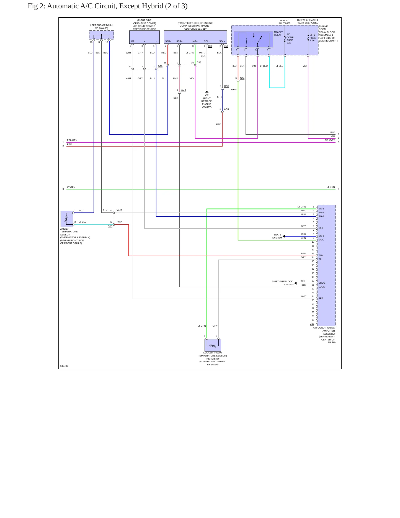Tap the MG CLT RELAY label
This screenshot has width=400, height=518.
click(x=278, y=34)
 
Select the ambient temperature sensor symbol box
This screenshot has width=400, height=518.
click(x=67, y=219)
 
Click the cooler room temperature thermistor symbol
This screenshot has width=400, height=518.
click(x=213, y=345)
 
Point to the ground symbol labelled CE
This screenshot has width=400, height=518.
click(x=207, y=92)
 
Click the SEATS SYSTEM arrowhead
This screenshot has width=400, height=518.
click(x=284, y=236)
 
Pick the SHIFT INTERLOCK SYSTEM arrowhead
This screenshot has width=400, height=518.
click(x=295, y=283)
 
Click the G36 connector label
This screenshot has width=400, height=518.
click(x=312, y=324)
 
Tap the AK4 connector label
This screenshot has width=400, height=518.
click(x=110, y=226)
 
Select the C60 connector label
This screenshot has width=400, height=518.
click(x=210, y=46)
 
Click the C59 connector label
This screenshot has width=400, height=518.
click(x=226, y=46)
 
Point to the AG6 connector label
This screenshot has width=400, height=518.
click(x=160, y=66)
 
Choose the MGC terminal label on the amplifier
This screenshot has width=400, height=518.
click(x=321, y=240)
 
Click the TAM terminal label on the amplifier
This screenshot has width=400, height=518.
click(x=321, y=255)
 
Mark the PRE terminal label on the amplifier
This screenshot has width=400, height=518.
click(x=321, y=298)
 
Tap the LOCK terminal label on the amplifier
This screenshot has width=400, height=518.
click(x=322, y=287)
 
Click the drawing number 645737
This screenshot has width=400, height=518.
click(x=64, y=366)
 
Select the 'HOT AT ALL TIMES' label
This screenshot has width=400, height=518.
click(x=285, y=22)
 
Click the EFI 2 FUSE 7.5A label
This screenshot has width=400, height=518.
click(x=313, y=38)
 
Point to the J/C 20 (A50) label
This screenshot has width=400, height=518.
click(x=101, y=28)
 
